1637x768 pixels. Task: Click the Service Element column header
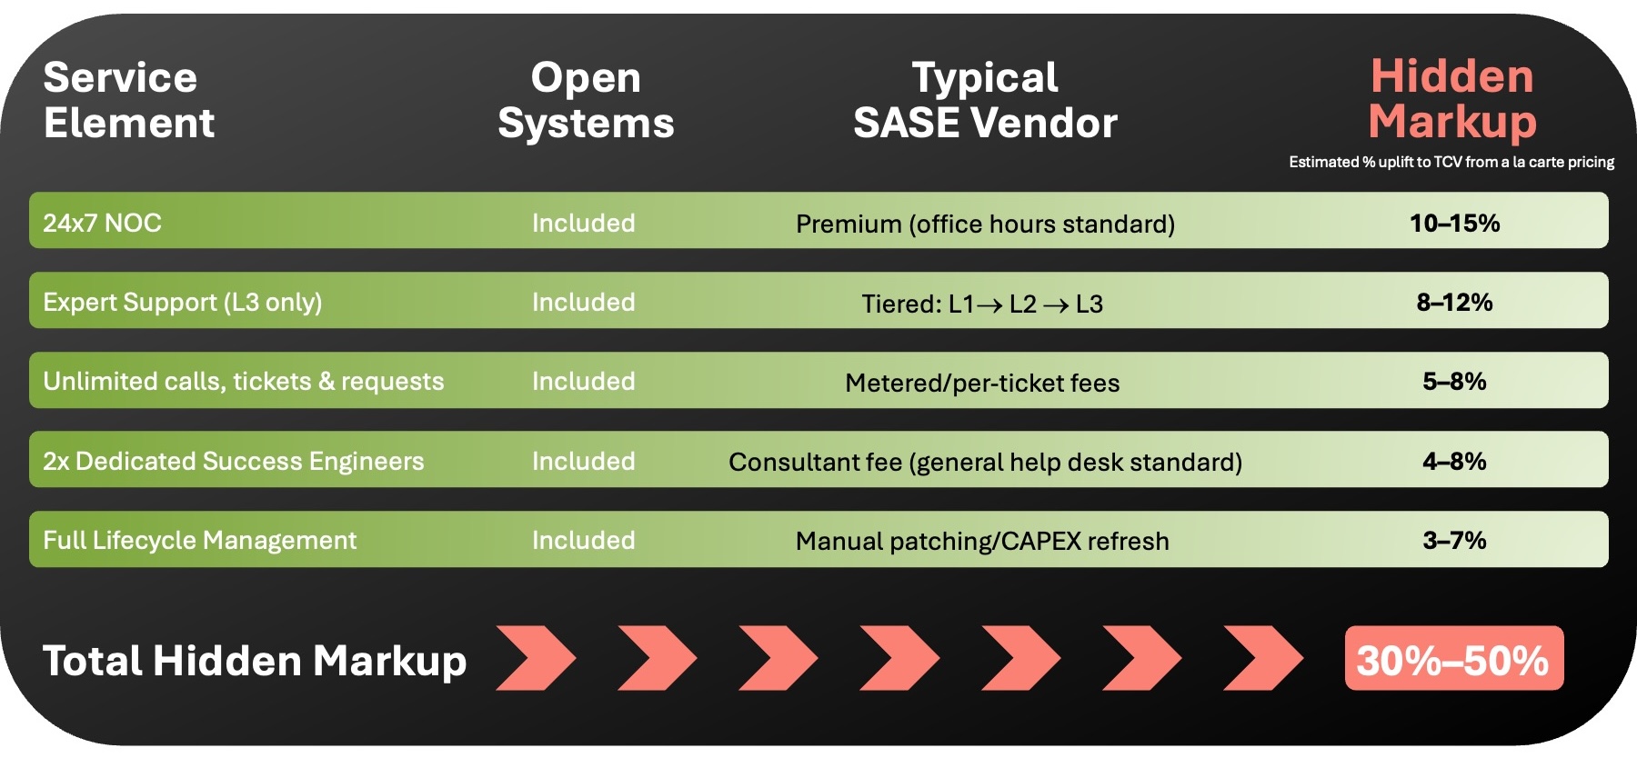(x=128, y=100)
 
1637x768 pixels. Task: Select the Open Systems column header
(x=586, y=100)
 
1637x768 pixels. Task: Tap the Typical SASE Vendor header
(x=985, y=100)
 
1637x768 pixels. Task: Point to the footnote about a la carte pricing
(x=1451, y=162)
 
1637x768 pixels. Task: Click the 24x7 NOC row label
(x=102, y=223)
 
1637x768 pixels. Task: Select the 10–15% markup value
(x=1454, y=223)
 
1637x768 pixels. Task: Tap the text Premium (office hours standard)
(x=985, y=224)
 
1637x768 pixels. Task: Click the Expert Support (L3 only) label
(x=182, y=302)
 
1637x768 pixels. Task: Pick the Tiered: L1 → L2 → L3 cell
(x=982, y=304)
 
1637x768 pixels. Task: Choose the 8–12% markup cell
(x=1454, y=302)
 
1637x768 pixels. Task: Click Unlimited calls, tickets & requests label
(x=243, y=381)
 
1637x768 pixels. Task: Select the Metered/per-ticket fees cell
(x=982, y=383)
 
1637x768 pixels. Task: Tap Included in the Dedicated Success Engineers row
(x=583, y=461)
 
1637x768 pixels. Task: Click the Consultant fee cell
(x=985, y=462)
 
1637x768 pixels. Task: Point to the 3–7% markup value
(x=1454, y=540)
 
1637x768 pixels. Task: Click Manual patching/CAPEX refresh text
(x=982, y=541)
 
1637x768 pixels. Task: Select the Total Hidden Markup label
(x=255, y=661)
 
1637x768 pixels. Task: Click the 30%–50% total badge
(x=1453, y=659)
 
